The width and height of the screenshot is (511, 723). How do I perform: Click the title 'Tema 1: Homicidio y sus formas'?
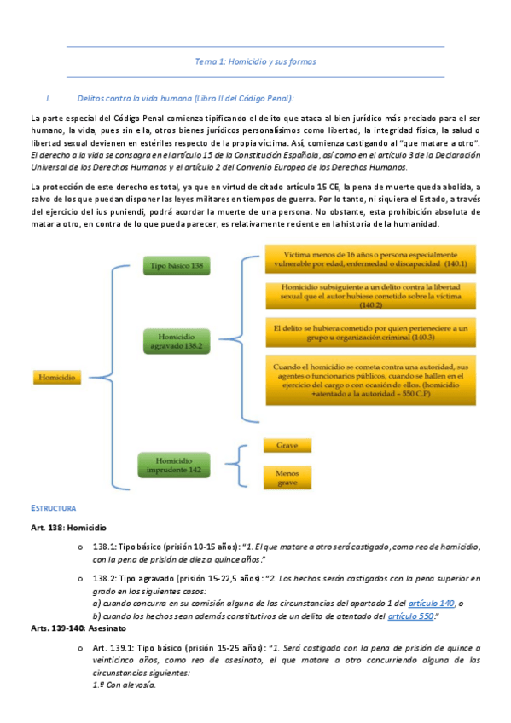255,61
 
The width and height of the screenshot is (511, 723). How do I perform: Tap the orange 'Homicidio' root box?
56,376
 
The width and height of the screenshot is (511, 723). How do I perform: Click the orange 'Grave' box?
287,446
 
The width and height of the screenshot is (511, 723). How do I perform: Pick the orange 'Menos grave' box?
287,477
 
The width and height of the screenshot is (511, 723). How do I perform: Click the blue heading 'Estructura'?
54,508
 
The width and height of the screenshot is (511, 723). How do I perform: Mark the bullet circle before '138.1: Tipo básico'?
78,547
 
